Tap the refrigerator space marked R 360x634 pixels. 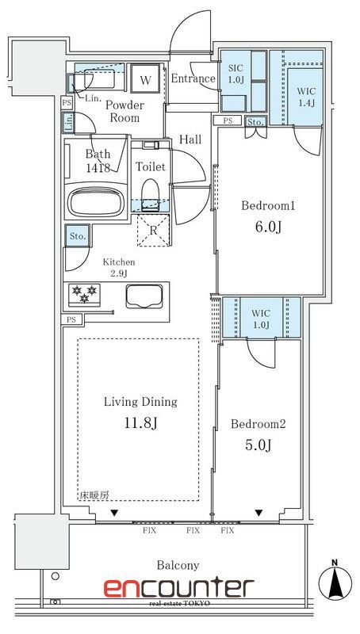(x=153, y=230)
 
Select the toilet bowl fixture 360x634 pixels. (x=151, y=195)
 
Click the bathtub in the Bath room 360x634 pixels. (x=95, y=202)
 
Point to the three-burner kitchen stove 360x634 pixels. (x=84, y=294)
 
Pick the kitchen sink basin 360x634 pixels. (x=144, y=296)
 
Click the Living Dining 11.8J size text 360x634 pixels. (x=141, y=424)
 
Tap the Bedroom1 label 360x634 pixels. (x=268, y=206)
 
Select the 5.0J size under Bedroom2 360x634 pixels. (x=258, y=445)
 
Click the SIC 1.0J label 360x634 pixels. (x=235, y=73)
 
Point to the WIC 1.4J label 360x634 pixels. (x=307, y=97)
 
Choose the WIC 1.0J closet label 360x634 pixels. (x=261, y=319)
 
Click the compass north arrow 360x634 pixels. (x=335, y=579)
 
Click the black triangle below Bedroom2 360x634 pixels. (x=259, y=513)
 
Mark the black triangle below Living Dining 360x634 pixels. (x=115, y=513)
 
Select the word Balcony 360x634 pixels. (x=178, y=565)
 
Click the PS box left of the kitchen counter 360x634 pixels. (x=71, y=319)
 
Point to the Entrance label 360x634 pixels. (x=193, y=78)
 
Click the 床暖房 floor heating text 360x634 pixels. (x=94, y=495)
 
